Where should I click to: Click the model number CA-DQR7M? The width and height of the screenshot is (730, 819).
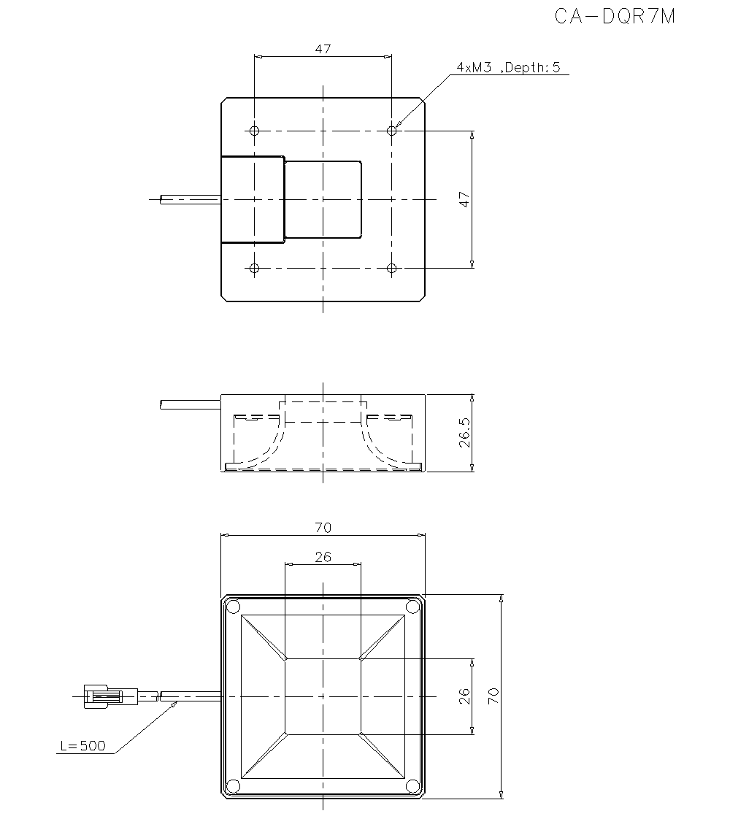point(615,17)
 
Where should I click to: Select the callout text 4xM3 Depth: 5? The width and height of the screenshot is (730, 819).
point(508,67)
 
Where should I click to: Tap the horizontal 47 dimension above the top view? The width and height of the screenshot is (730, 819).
point(323,49)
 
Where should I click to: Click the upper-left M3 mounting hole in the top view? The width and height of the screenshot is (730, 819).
point(254,131)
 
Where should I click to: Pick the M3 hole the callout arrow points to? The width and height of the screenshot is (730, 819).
point(392,131)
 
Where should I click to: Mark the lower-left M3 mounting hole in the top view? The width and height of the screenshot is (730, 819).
point(254,269)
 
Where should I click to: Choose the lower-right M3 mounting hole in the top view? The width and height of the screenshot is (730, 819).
point(392,269)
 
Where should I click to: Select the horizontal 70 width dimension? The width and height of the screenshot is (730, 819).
point(323,528)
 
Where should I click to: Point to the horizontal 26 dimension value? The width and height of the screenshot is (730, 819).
point(323,557)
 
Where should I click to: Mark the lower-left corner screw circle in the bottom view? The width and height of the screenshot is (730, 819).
point(233,785)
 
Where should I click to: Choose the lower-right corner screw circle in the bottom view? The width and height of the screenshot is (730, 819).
point(412,785)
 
